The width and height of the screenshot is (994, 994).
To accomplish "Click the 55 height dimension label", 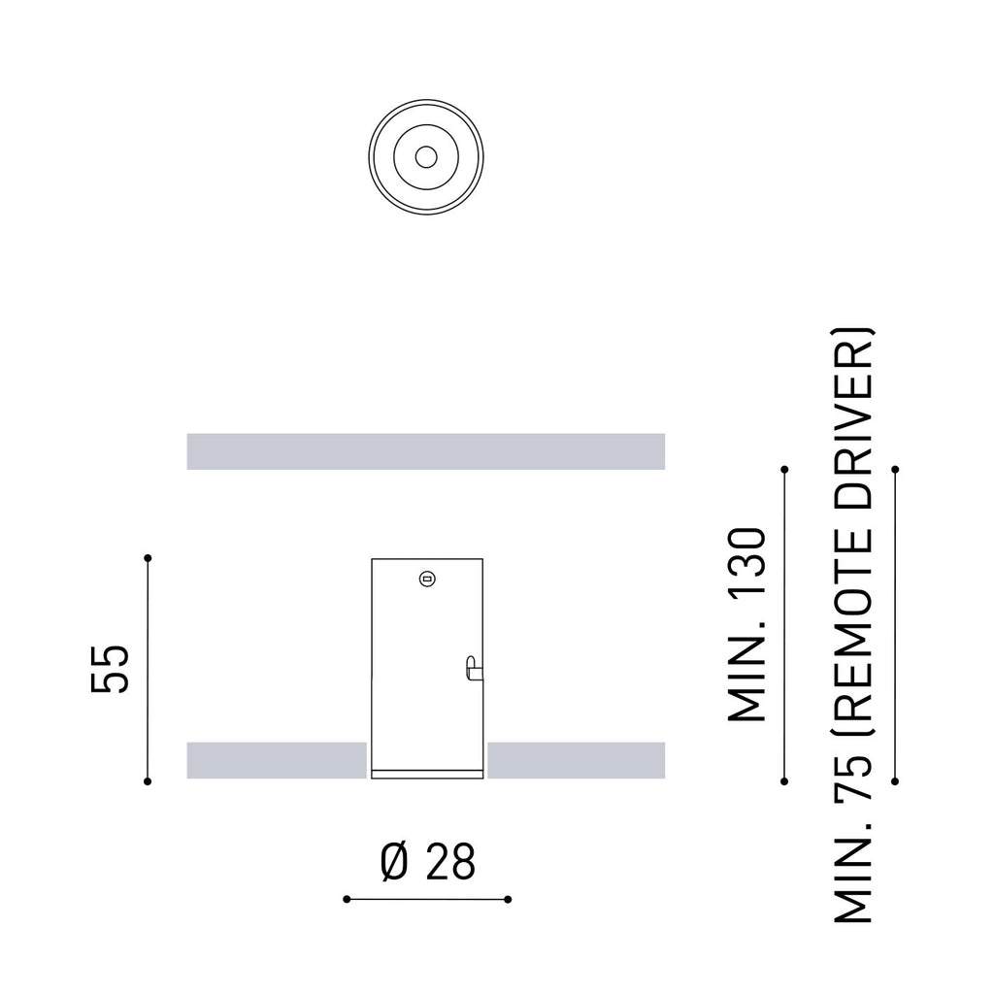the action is point(110,669).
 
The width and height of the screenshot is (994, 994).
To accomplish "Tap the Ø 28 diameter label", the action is point(428,862).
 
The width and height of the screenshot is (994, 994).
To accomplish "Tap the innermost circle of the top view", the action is point(426,156).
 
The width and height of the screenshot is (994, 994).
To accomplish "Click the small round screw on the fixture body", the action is point(427,579).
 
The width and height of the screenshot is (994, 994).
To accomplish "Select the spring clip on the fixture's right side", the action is point(474,668).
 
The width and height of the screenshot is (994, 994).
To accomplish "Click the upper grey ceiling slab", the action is point(426,451).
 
